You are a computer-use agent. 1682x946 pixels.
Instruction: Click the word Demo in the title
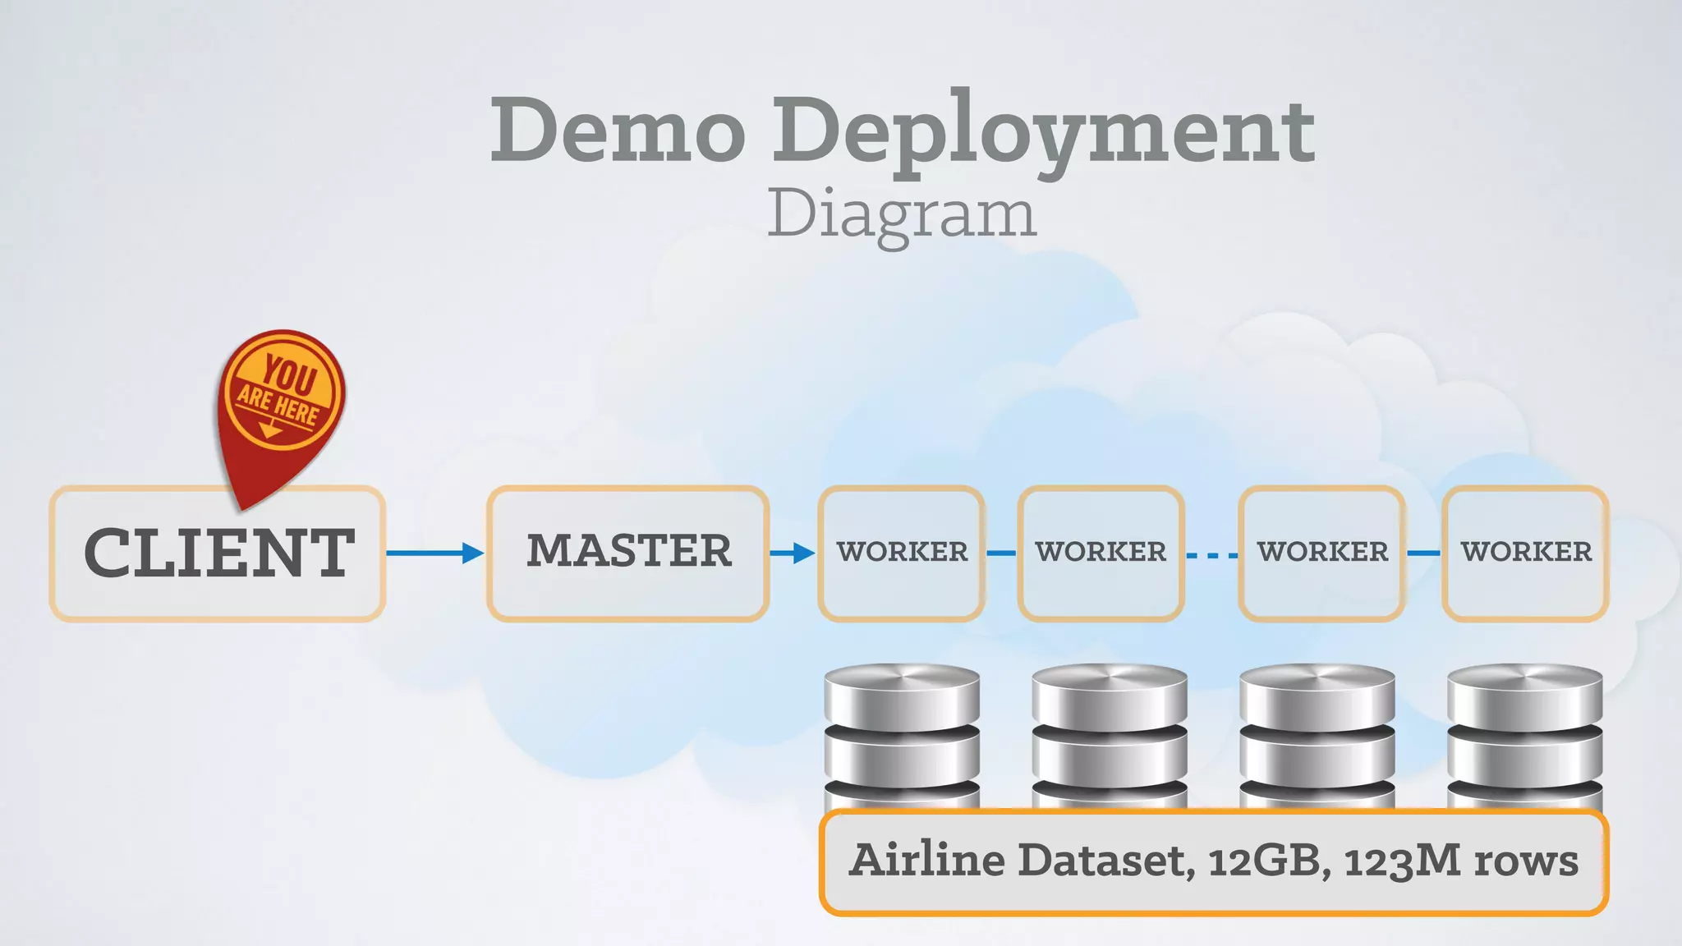click(x=618, y=130)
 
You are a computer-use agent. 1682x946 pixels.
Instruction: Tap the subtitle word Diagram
click(x=901, y=214)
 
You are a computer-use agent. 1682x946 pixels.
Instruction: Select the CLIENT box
click(x=218, y=553)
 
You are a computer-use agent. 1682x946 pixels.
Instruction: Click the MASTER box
click(x=628, y=552)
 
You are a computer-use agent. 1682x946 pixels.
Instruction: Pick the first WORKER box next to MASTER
click(x=902, y=552)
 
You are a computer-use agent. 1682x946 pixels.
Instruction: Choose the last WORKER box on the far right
click(x=1525, y=552)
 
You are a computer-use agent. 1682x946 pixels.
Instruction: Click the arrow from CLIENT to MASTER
click(x=435, y=553)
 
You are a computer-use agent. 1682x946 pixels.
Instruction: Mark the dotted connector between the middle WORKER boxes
click(x=1211, y=556)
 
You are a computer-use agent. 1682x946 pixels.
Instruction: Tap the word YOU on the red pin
click(x=289, y=375)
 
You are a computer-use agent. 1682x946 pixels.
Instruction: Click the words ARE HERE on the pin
click(x=278, y=406)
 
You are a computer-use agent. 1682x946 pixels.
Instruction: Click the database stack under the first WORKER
click(x=902, y=735)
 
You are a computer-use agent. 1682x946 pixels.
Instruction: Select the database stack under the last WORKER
click(x=1524, y=735)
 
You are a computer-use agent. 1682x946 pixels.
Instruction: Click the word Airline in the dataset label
click(x=927, y=860)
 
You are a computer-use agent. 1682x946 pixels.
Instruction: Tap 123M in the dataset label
click(x=1403, y=861)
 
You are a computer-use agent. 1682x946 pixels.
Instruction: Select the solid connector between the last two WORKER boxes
click(x=1423, y=553)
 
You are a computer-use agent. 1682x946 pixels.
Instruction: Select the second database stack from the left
click(x=1110, y=735)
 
